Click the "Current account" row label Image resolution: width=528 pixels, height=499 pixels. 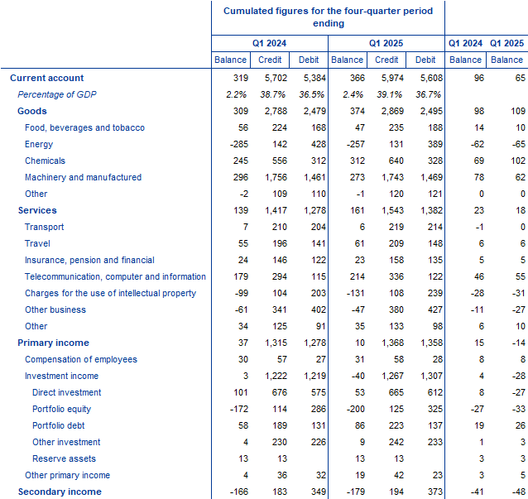(47, 78)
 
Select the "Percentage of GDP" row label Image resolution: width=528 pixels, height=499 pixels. (57, 94)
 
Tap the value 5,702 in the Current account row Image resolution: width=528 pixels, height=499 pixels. (276, 78)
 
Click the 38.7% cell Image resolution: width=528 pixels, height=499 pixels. (273, 94)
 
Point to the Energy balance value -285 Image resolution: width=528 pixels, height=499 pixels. (239, 144)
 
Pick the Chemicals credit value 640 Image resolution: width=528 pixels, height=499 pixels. (396, 161)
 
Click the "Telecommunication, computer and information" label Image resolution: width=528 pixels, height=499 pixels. (115, 276)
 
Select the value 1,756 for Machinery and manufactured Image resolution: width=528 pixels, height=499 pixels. (276, 177)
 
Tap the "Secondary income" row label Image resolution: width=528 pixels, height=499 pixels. (60, 492)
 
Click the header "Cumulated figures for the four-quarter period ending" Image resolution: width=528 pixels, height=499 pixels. (329, 17)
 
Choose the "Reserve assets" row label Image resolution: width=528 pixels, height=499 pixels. (64, 458)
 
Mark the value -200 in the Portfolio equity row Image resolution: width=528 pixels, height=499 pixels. (356, 409)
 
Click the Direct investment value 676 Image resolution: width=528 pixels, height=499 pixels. (280, 392)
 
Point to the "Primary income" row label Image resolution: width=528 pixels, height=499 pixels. (53, 343)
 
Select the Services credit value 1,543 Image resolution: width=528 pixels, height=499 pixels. (392, 210)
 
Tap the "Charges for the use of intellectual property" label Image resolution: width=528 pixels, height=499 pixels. (110, 293)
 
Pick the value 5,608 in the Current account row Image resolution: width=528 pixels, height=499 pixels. (431, 78)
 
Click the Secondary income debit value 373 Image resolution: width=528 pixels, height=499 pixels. (435, 492)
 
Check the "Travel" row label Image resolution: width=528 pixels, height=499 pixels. (37, 243)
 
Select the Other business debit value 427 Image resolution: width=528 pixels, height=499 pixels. (435, 309)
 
